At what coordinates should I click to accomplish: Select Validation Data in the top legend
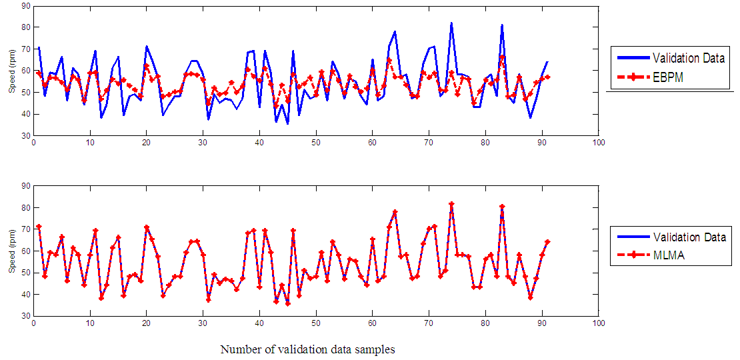[x=688, y=58]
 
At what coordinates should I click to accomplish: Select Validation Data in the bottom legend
[x=688, y=237]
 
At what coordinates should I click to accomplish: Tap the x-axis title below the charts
[x=307, y=349]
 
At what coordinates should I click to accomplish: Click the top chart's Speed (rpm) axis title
[x=11, y=79]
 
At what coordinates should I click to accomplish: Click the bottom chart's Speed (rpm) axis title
[x=11, y=260]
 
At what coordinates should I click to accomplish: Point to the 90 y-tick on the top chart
[x=24, y=5]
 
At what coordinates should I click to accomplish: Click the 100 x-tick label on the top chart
[x=599, y=143]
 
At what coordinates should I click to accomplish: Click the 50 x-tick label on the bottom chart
[x=316, y=323]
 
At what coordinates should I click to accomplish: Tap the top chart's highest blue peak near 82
[x=451, y=23]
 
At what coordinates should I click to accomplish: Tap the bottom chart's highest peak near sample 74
[x=451, y=203]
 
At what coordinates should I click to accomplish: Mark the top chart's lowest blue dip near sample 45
[x=287, y=123]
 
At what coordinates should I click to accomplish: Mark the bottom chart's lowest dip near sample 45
[x=287, y=303]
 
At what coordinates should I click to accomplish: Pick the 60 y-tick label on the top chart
[x=24, y=70]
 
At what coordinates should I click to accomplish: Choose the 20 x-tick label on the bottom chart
[x=146, y=323]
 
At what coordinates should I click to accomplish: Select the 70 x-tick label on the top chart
[x=429, y=143]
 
